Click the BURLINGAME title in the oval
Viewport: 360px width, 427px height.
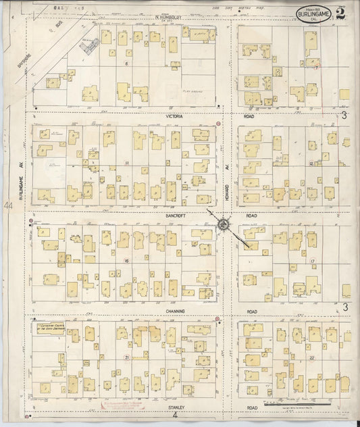[x=311, y=13]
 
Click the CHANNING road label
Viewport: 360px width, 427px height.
[x=174, y=311]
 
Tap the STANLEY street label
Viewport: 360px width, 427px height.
[x=178, y=407]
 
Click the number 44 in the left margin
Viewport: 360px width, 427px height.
[x=7, y=205]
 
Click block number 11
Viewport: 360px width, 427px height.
[x=127, y=164]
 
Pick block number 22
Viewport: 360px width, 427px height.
[x=312, y=357]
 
